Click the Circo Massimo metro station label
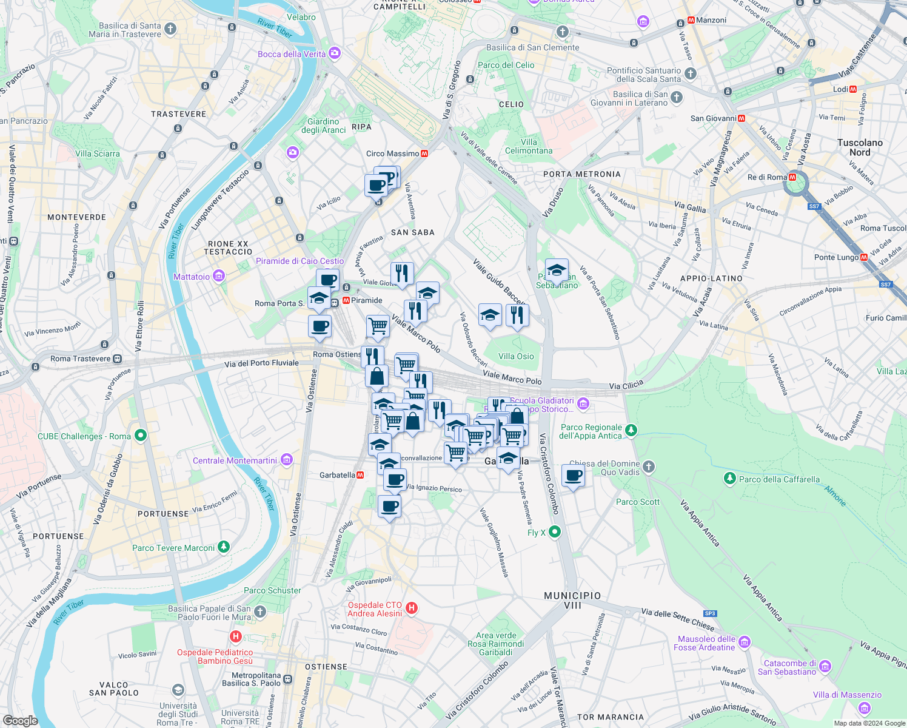pos(393,153)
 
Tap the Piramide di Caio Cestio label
pos(300,261)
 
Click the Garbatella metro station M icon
pos(360,475)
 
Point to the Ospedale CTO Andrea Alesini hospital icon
pos(412,608)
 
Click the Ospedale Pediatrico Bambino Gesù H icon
pos(235,636)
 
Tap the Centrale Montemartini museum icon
pos(287,460)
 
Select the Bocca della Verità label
pos(292,54)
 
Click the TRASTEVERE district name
pos(178,114)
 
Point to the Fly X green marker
pos(554,532)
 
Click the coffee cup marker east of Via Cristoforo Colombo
pos(573,476)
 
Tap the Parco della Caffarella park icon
pos(730,479)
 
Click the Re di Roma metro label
pos(767,177)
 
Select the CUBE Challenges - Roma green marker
pos(141,435)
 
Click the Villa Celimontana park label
pos(529,146)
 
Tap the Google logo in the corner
pos(20,720)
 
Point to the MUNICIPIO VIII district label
pos(572,600)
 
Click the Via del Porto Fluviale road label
pos(261,363)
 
